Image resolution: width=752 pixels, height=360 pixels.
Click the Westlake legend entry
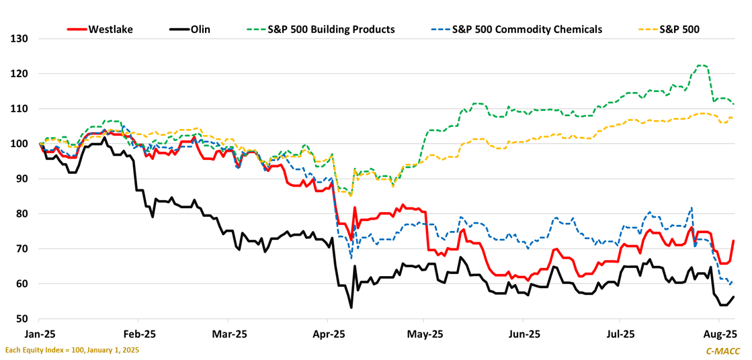pyautogui.click(x=110, y=30)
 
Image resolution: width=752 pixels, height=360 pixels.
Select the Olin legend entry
pyautogui.click(x=200, y=30)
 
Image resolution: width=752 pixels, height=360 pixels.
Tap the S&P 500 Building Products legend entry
pyautogui.click(x=331, y=30)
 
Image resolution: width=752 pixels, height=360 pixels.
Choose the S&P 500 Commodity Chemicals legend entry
pyautogui.click(x=527, y=30)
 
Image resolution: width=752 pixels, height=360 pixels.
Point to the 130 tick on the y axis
pyautogui.click(x=19, y=38)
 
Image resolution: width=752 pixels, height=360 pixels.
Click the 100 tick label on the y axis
pyautogui.click(x=19, y=144)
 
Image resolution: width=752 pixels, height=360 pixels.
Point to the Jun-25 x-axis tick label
pyautogui.click(x=524, y=334)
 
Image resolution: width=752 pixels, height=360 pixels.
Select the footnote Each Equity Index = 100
pyautogui.click(x=72, y=351)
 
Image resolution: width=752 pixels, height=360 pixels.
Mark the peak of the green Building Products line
pyautogui.click(x=702, y=65)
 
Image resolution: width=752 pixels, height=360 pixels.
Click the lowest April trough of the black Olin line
pyautogui.click(x=351, y=308)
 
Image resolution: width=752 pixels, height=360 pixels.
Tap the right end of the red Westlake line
pyautogui.click(x=733, y=240)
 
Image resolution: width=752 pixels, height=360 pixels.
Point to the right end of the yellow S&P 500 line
pyautogui.click(x=733, y=118)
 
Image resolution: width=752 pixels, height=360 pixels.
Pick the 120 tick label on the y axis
pyautogui.click(x=19, y=73)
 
